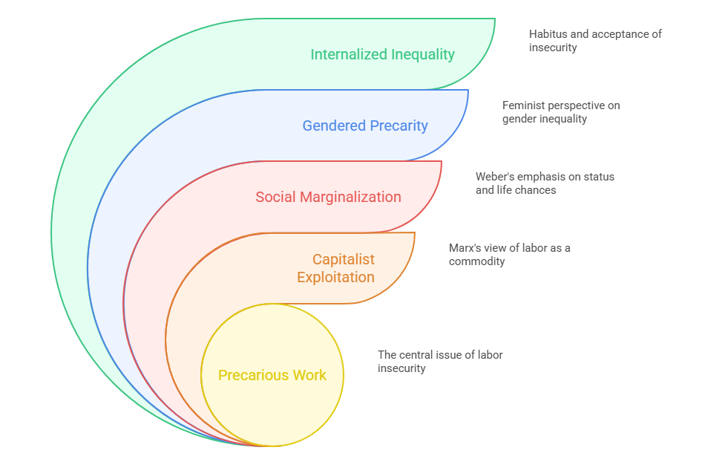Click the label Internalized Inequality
click(382, 54)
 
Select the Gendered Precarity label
click(364, 126)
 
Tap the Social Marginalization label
click(328, 197)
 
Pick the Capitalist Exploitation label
click(335, 268)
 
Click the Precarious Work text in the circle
click(272, 375)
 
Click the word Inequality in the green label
click(417, 54)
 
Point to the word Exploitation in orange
click(335, 277)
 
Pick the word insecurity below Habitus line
click(553, 48)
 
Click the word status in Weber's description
click(597, 177)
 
